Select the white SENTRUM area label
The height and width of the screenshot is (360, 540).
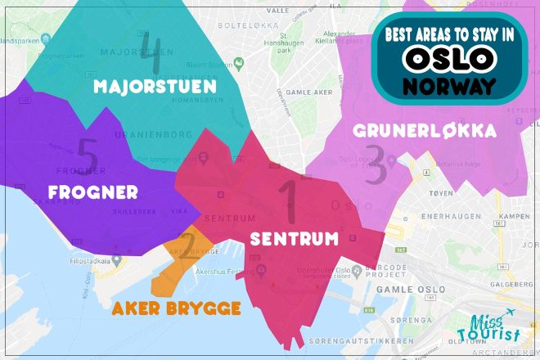pyautogui.click(x=294, y=240)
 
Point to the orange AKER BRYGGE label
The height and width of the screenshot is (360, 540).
pyautogui.click(x=177, y=308)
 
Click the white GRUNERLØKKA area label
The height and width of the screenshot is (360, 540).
pyautogui.click(x=425, y=130)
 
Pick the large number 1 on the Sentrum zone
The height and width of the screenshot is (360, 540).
pyautogui.click(x=288, y=200)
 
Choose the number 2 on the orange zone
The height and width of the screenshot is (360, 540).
pyautogui.click(x=187, y=245)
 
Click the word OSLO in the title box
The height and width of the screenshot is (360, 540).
pyautogui.click(x=449, y=57)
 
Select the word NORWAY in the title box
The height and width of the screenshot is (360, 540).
pyautogui.click(x=449, y=85)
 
